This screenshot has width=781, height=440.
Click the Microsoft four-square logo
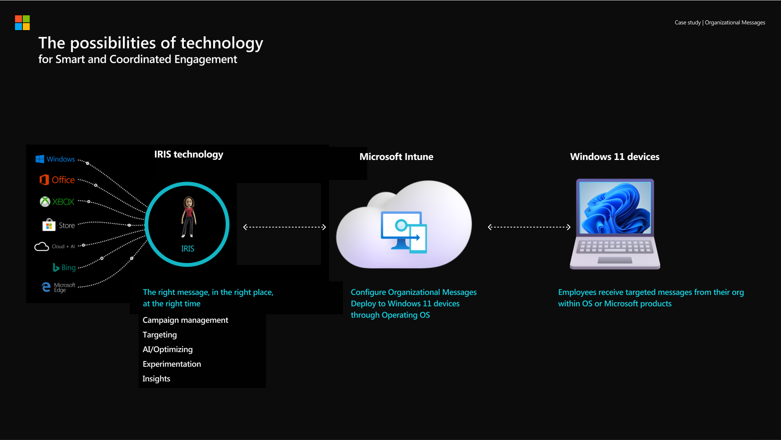pyautogui.click(x=22, y=23)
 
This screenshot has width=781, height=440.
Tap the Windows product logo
pyautogui.click(x=40, y=159)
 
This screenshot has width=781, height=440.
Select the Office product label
pyautogui.click(x=63, y=180)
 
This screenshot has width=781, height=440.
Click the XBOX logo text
pyautogui.click(x=63, y=202)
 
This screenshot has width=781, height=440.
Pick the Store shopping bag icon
pyautogui.click(x=49, y=225)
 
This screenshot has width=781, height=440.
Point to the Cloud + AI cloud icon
pyautogui.click(x=41, y=247)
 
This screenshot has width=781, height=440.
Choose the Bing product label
pyautogui.click(x=68, y=267)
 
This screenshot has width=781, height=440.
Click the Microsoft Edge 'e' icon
pyautogui.click(x=46, y=287)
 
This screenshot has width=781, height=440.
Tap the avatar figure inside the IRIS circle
pyautogui.click(x=188, y=217)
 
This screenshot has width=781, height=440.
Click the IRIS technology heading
pyautogui.click(x=189, y=154)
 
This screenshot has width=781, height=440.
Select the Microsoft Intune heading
pyautogui.click(x=396, y=157)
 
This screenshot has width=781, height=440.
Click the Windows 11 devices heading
pyautogui.click(x=615, y=157)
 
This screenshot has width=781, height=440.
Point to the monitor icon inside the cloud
pyautogui.click(x=401, y=230)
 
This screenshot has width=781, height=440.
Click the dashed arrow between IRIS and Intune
pyautogui.click(x=284, y=227)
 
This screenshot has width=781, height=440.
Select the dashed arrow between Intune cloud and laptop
pyautogui.click(x=529, y=227)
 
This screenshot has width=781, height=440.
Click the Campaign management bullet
pyautogui.click(x=185, y=320)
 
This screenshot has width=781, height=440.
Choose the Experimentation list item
pyautogui.click(x=172, y=364)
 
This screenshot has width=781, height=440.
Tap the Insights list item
pyautogui.click(x=156, y=379)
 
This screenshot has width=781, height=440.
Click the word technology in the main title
pyautogui.click(x=222, y=43)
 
